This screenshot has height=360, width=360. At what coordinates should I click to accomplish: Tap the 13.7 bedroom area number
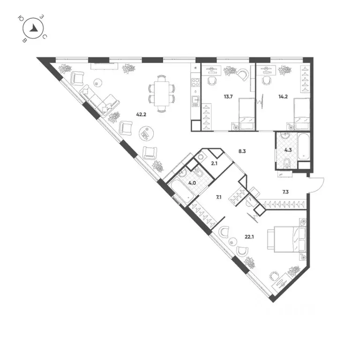[x=228, y=97]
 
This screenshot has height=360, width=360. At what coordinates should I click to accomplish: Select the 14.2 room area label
[x=283, y=97]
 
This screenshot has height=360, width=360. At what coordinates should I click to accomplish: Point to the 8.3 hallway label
[x=242, y=151]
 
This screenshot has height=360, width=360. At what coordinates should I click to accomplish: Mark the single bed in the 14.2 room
[x=300, y=114]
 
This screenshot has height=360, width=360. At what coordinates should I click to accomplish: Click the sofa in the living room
[x=100, y=99]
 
